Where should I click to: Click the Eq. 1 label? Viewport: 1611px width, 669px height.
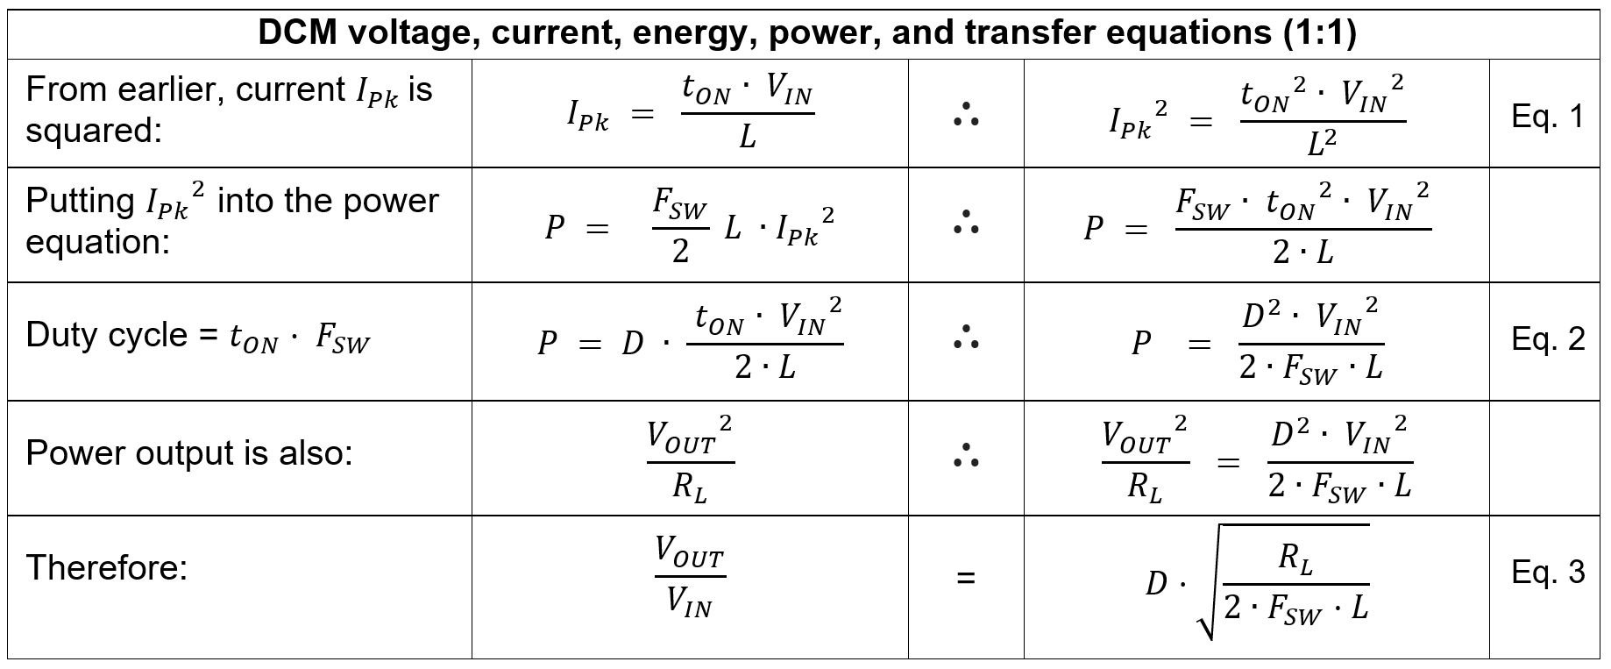point(1547,117)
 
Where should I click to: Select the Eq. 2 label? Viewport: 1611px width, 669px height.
point(1547,339)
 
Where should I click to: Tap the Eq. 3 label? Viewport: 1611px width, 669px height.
point(1547,573)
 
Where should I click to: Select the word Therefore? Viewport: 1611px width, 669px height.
point(107,568)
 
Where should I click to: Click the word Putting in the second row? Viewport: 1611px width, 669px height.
point(80,202)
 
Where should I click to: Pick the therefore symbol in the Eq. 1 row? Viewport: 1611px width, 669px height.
point(965,115)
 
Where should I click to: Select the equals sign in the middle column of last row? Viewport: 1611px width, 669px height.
point(965,578)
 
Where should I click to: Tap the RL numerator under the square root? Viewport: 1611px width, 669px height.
point(1295,559)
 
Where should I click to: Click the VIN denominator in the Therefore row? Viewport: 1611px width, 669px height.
point(689,602)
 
